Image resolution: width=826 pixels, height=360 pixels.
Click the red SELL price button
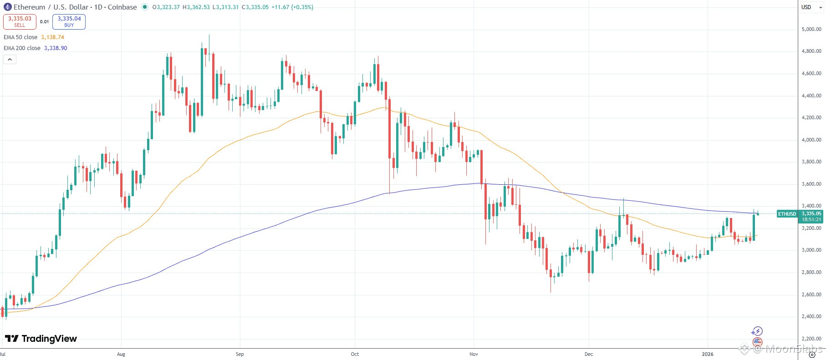pos(20,21)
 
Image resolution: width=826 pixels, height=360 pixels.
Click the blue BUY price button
pos(69,21)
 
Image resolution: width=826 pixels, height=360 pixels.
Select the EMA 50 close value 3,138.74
pos(52,37)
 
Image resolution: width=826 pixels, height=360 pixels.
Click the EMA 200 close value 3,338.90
pos(56,48)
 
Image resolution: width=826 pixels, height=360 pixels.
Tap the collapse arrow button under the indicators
pos(10,59)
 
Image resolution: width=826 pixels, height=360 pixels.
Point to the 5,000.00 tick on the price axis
pos(811,29)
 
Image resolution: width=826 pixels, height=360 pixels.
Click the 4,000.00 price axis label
pos(811,140)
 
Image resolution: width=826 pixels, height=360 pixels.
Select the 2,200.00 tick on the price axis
pos(811,339)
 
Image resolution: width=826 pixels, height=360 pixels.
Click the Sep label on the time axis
pos(240,354)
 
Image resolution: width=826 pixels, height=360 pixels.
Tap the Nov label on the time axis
pos(474,354)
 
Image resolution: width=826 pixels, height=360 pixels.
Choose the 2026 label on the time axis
pos(708,354)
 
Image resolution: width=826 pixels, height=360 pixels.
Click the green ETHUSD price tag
pos(787,214)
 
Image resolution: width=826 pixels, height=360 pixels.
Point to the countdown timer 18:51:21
pos(811,219)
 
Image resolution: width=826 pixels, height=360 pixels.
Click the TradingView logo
pos(41,339)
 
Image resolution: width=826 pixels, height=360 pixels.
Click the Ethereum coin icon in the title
pos(7,7)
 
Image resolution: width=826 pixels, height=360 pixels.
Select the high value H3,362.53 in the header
pos(196,7)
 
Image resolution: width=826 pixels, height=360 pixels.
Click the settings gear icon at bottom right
pos(811,355)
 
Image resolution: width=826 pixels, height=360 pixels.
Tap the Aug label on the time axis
pos(121,354)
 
